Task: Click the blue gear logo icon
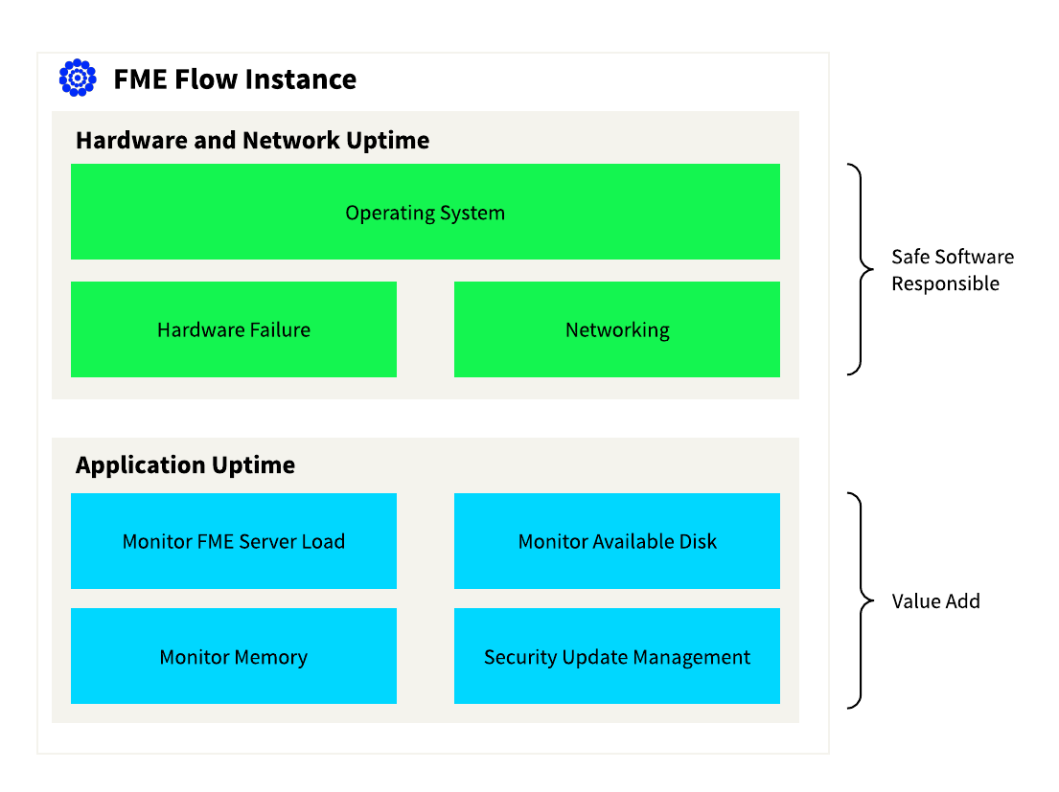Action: (x=78, y=79)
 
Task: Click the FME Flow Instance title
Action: (x=235, y=79)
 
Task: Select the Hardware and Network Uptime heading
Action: (x=253, y=141)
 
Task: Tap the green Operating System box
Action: (x=426, y=212)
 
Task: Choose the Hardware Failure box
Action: (x=234, y=329)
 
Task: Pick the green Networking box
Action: (x=617, y=329)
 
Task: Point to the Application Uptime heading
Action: (x=185, y=465)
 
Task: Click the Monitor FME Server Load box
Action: (x=234, y=541)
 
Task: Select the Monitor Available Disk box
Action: (x=617, y=541)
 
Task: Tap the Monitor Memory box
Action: (x=234, y=656)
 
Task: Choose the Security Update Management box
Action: (x=617, y=656)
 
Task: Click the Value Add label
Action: (x=935, y=601)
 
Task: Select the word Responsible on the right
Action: (x=946, y=284)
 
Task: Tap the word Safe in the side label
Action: (x=909, y=257)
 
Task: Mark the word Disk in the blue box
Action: (x=699, y=541)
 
